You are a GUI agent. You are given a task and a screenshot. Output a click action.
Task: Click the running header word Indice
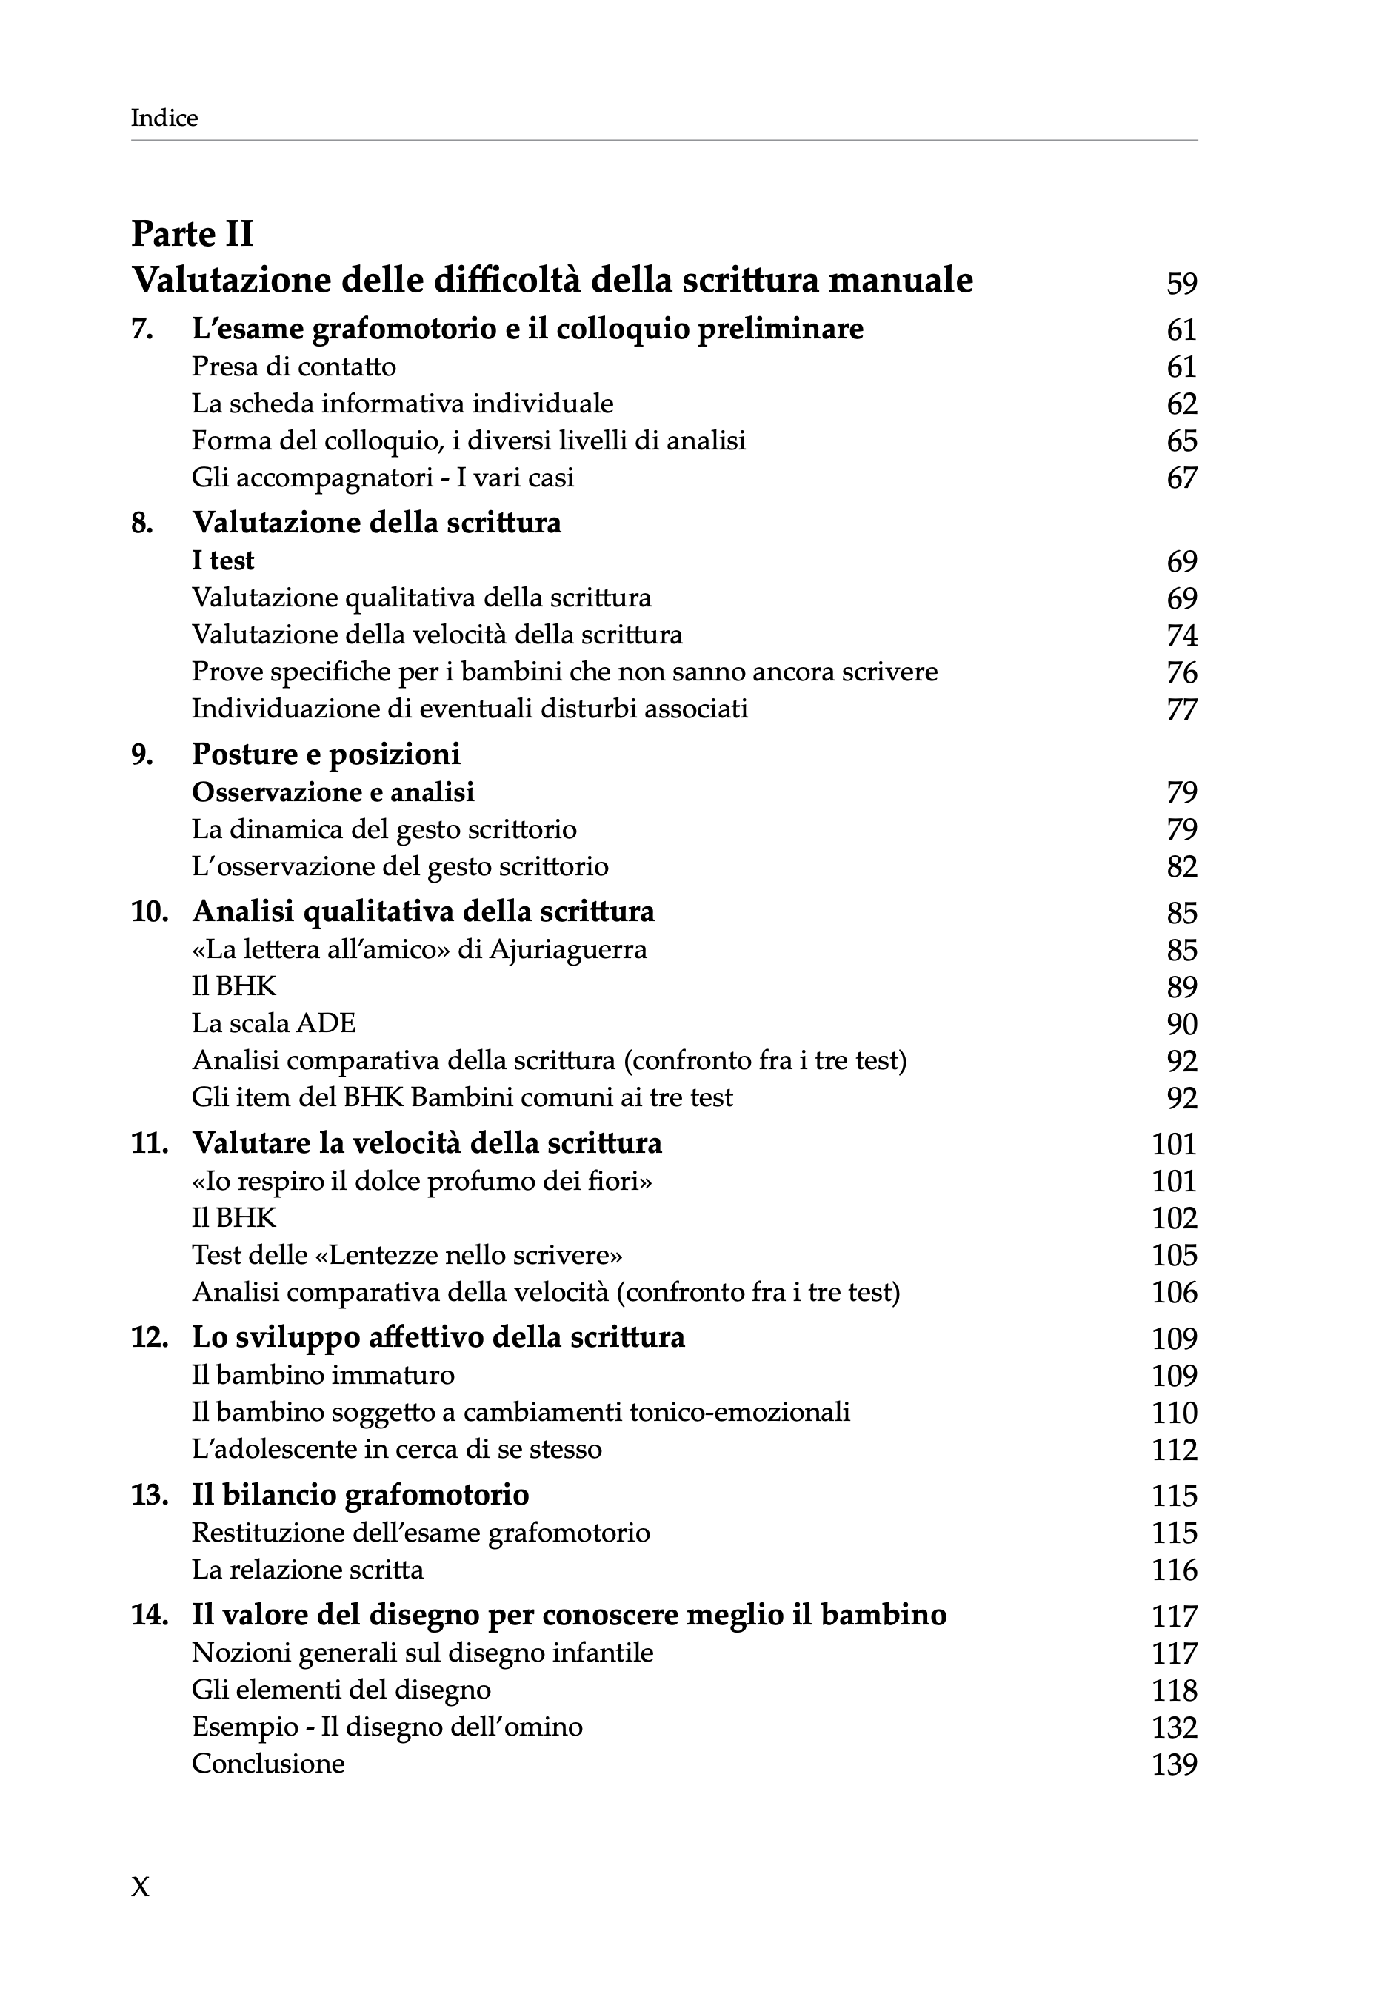click(164, 118)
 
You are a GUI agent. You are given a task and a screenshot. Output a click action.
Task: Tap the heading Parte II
click(192, 234)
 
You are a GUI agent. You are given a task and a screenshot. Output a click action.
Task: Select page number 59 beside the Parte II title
click(1181, 283)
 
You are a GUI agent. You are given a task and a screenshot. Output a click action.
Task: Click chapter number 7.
click(142, 329)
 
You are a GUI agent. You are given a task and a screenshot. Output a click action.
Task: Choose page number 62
click(1181, 404)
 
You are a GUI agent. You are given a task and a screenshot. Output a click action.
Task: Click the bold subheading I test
click(222, 561)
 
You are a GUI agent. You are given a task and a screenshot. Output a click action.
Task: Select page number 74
click(1181, 635)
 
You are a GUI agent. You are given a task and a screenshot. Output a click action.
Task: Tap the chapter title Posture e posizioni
click(326, 754)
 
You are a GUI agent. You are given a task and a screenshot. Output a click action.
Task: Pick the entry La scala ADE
click(273, 1023)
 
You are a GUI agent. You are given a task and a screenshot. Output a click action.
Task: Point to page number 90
click(1181, 1024)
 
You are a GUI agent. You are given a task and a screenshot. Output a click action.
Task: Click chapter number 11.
click(149, 1144)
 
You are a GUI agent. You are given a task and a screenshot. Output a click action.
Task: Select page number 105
click(1174, 1255)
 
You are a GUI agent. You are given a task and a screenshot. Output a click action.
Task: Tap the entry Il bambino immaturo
click(322, 1375)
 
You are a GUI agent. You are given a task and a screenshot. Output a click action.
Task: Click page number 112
click(1174, 1450)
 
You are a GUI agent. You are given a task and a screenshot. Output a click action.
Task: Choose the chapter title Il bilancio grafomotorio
click(360, 1495)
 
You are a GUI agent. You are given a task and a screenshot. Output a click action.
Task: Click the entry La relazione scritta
click(307, 1570)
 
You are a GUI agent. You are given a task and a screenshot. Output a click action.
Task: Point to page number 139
click(1174, 1764)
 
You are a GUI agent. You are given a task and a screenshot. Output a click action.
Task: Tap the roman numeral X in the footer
click(140, 1887)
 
